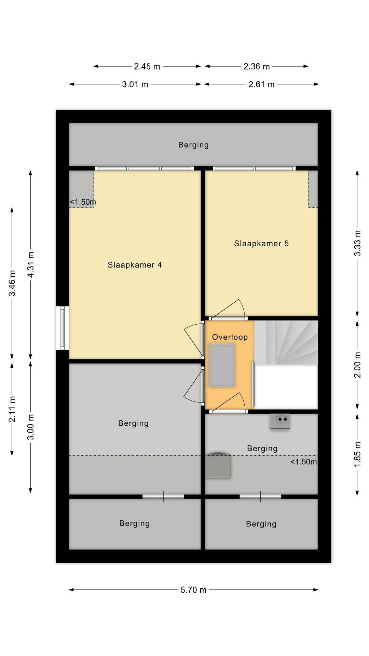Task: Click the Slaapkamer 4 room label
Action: pyautogui.click(x=135, y=265)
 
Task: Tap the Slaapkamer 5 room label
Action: pyautogui.click(x=261, y=244)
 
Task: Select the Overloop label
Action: pyautogui.click(x=230, y=337)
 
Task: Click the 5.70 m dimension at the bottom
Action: pyautogui.click(x=193, y=590)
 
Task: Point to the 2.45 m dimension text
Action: pyautogui.click(x=147, y=67)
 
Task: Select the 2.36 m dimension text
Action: pyautogui.click(x=257, y=67)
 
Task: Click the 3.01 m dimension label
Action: pyautogui.click(x=135, y=84)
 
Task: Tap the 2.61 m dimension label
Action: pyautogui.click(x=261, y=84)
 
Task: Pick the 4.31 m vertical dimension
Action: pyautogui.click(x=31, y=265)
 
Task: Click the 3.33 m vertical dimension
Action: pyautogui.click(x=357, y=243)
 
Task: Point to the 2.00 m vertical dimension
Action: pyautogui.click(x=357, y=365)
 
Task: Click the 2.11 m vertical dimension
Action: pyautogui.click(x=12, y=409)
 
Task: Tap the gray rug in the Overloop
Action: pyautogui.click(x=222, y=365)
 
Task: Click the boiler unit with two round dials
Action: pyautogui.click(x=280, y=421)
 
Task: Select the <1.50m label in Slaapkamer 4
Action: pyautogui.click(x=83, y=202)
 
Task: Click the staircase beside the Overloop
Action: pyautogui.click(x=286, y=343)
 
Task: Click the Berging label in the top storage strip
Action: pyautogui.click(x=193, y=145)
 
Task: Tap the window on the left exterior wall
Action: pyautogui.click(x=63, y=328)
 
